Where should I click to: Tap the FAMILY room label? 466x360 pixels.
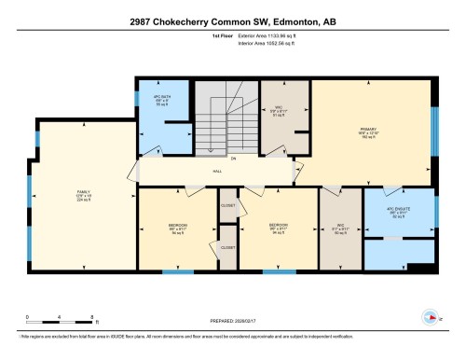(x=82, y=195)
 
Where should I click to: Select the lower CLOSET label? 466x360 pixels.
(x=227, y=247)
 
